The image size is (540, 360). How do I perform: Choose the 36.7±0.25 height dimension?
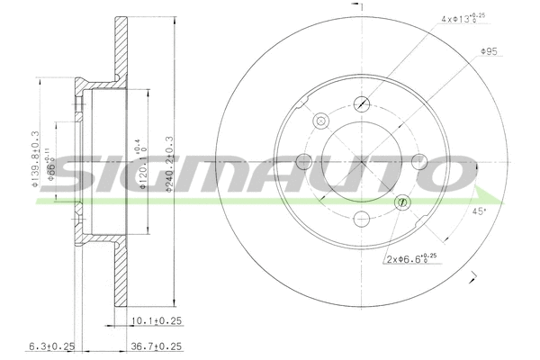click(157, 346)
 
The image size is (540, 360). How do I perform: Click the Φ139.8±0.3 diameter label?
click(37, 162)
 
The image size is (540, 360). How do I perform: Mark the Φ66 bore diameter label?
click(53, 162)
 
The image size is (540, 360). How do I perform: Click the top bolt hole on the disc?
click(363, 103)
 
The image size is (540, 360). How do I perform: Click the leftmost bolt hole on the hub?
click(305, 161)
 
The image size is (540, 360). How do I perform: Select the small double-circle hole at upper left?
click(321, 121)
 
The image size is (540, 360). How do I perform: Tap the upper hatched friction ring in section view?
click(118, 49)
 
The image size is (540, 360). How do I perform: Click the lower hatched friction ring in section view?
click(118, 274)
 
